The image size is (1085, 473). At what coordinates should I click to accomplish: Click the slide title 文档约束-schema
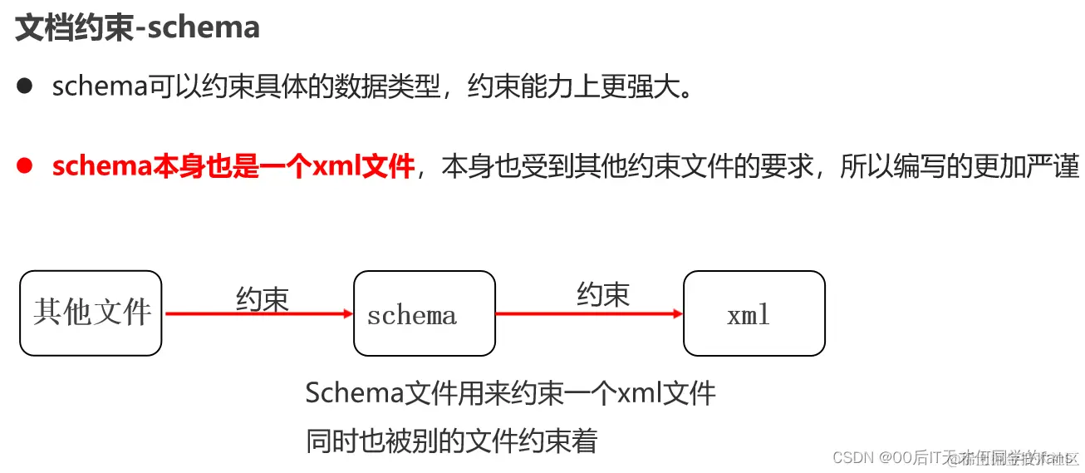tap(138, 28)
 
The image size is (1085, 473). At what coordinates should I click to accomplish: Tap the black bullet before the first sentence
tap(25, 86)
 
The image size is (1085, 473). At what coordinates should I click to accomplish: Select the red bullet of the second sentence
tap(25, 166)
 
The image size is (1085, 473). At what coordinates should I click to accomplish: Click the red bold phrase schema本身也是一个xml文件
tap(233, 167)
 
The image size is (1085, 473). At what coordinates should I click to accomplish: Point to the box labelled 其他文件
tap(91, 313)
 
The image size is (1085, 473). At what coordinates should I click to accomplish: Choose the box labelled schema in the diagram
tap(424, 313)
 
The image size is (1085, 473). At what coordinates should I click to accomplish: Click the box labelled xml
tap(754, 313)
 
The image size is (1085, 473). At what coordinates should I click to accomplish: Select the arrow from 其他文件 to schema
tap(258, 313)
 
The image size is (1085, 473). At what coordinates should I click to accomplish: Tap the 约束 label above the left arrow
tap(263, 298)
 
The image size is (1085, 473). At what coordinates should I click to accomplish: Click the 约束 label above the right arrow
tap(603, 293)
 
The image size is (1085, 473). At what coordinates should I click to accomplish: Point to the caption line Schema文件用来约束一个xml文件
tap(510, 393)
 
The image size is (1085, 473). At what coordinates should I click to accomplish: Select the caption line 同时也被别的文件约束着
tap(451, 441)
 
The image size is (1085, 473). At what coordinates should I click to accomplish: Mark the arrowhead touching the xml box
tap(677, 313)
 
